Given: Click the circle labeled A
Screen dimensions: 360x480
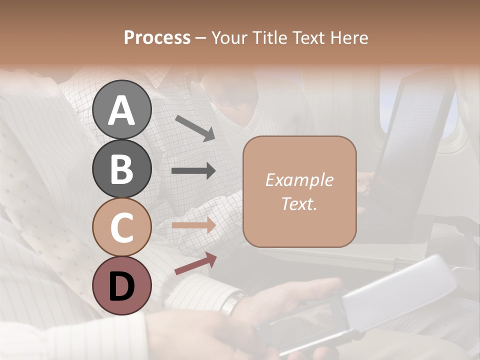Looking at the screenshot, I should pyautogui.click(x=122, y=109).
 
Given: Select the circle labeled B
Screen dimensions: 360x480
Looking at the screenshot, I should pyautogui.click(x=122, y=168).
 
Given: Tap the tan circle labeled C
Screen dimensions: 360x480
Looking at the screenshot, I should pyautogui.click(x=122, y=227).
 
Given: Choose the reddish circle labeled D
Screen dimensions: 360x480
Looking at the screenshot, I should pyautogui.click(x=122, y=285).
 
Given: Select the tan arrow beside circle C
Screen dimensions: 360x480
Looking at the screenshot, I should pyautogui.click(x=193, y=225).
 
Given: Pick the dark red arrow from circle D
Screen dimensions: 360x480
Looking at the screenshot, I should pyautogui.click(x=195, y=263).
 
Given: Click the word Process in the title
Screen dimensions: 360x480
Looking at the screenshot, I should pyautogui.click(x=157, y=38).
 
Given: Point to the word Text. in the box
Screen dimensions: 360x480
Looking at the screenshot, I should pyautogui.click(x=299, y=204).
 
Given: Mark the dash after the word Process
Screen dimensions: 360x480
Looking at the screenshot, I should pyautogui.click(x=201, y=38).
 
